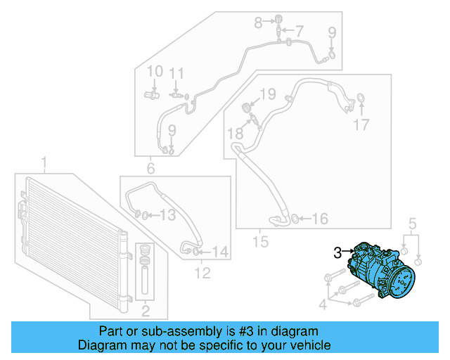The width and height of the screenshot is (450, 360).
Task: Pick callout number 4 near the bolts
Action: click(x=323, y=304)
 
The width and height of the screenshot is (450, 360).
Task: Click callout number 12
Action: click(x=202, y=272)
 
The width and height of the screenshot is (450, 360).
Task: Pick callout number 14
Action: click(x=220, y=251)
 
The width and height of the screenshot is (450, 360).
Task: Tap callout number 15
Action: click(x=261, y=243)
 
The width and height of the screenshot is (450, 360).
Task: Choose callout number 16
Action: click(x=319, y=219)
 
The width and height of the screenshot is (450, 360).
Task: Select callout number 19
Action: click(x=268, y=94)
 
